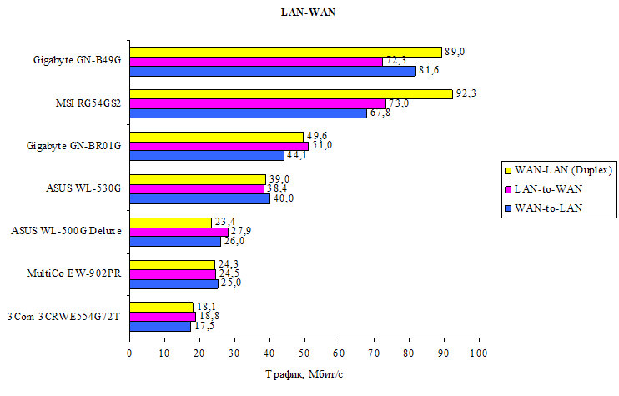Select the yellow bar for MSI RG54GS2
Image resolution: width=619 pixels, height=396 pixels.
(x=290, y=93)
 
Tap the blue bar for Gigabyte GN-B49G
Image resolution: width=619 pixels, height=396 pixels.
(x=272, y=71)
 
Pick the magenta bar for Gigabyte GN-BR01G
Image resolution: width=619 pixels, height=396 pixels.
(x=219, y=146)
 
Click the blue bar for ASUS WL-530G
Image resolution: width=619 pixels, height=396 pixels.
(x=199, y=198)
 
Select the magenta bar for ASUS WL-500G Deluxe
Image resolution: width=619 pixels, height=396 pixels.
(x=179, y=231)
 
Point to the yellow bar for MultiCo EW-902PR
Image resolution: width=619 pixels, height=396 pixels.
(x=172, y=264)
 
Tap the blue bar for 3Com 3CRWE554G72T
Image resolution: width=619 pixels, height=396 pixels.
(x=160, y=326)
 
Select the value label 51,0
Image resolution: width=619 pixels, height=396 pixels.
(x=321, y=146)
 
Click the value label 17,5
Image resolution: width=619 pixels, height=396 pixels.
(x=204, y=326)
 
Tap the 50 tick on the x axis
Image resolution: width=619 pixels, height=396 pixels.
(x=304, y=353)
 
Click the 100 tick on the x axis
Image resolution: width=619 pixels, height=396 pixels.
(x=479, y=353)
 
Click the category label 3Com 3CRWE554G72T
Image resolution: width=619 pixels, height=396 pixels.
(x=65, y=317)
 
